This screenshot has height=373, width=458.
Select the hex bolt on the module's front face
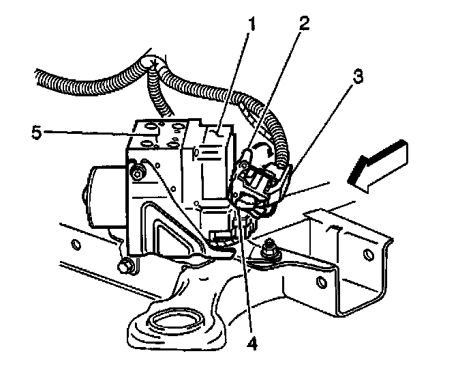pos(139,174)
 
